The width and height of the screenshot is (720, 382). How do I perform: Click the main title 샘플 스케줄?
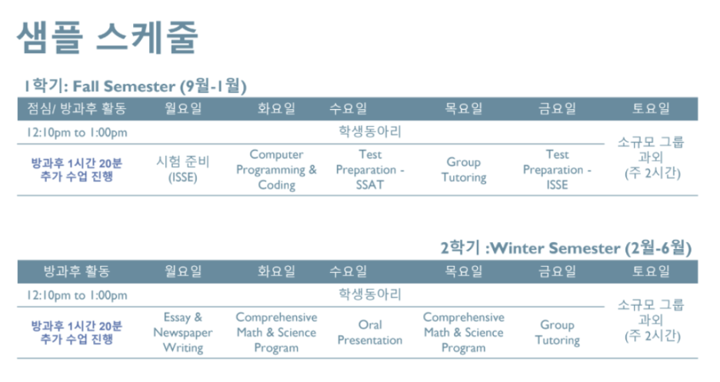point(108,37)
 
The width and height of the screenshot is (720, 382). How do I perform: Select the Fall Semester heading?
point(135,86)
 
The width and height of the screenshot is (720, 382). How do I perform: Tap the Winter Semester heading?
point(565,248)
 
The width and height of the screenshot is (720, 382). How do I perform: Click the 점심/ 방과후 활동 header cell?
point(77,108)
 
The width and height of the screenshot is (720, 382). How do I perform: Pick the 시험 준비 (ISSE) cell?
point(183,169)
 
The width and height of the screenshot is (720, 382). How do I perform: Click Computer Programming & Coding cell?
point(276,170)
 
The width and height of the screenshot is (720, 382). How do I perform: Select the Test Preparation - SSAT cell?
point(370,170)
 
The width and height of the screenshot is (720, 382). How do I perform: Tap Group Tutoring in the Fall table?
point(464,170)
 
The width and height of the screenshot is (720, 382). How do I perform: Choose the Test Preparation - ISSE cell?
point(557,170)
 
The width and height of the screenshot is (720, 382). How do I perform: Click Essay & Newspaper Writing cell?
point(183,333)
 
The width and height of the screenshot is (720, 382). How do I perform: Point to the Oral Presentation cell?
point(370,333)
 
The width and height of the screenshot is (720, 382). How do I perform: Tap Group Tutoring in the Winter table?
point(557,333)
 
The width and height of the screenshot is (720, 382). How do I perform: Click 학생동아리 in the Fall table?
point(370,131)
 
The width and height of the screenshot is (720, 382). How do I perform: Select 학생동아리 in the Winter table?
point(370,294)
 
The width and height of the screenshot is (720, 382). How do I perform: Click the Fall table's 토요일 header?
point(651,108)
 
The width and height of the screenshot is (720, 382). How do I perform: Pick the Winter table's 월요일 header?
point(183,271)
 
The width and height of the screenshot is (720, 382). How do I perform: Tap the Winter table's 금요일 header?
point(557,271)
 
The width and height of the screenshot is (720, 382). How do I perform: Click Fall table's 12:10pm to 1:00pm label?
point(77,132)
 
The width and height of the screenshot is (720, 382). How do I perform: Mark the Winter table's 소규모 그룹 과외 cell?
point(651,320)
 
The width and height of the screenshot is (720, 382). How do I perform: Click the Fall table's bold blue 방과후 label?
point(77,170)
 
